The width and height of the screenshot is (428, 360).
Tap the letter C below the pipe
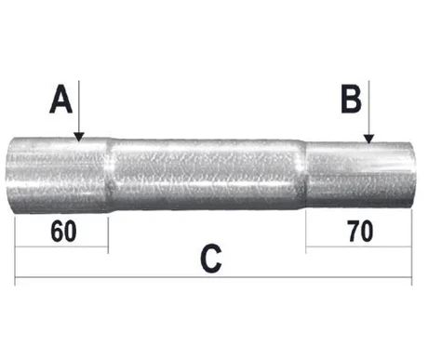(212, 260)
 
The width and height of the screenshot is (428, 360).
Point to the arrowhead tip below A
(80, 140)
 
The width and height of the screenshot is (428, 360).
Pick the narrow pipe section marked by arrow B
(358, 177)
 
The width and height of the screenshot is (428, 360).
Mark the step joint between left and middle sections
(110, 177)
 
